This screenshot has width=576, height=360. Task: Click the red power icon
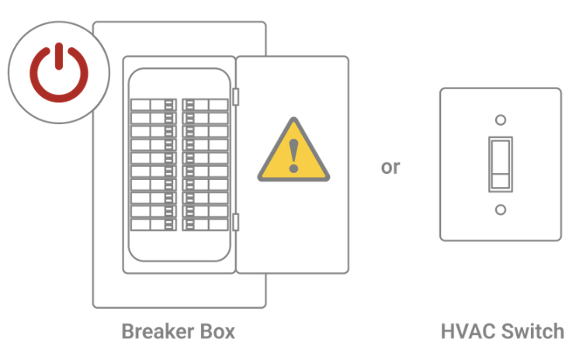pyautogui.click(x=59, y=73)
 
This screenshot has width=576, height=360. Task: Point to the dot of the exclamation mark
pyautogui.click(x=293, y=168)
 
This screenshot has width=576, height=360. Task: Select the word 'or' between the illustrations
pyautogui.click(x=390, y=167)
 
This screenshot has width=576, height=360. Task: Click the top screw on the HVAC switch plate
pyautogui.click(x=500, y=120)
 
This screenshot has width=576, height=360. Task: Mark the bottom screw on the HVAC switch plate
pyautogui.click(x=500, y=209)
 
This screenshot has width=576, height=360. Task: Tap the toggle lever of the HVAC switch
pyautogui.click(x=500, y=159)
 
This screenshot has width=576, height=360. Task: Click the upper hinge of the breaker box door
pyautogui.click(x=236, y=96)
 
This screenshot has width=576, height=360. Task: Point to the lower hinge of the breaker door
pyautogui.click(x=236, y=222)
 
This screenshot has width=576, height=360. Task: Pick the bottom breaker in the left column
pyautogui.click(x=153, y=225)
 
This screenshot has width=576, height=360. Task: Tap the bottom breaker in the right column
pyautogui.click(x=206, y=225)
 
